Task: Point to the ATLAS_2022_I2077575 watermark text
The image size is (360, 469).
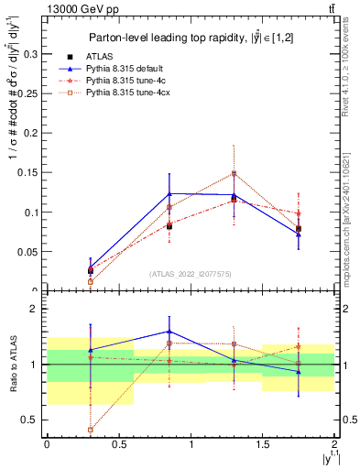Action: click(x=191, y=273)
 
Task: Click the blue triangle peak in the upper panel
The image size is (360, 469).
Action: click(x=169, y=193)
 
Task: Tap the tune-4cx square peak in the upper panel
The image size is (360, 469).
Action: click(x=234, y=173)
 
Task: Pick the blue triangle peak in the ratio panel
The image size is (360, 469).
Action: click(x=169, y=332)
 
